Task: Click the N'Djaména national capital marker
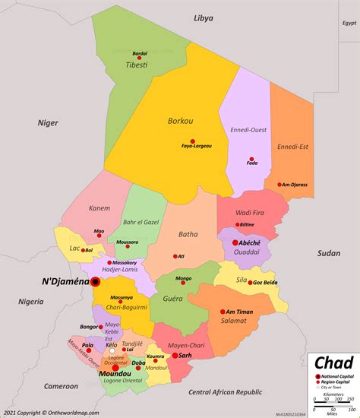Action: (96, 282)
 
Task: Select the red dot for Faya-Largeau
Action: (193, 141)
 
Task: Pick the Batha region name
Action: (188, 235)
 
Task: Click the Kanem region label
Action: (99, 208)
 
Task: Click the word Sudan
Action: (329, 252)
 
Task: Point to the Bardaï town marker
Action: (140, 58)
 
